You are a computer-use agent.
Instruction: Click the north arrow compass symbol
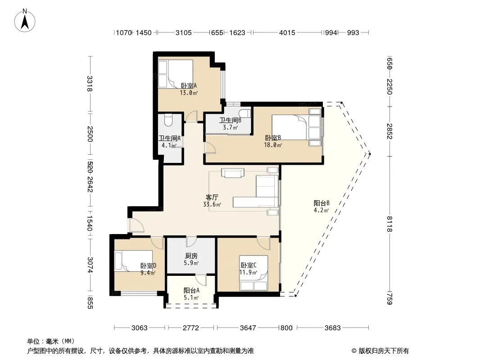coord(25,21)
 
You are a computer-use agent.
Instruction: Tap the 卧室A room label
coord(189,86)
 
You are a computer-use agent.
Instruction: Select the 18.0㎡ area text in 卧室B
coord(273,145)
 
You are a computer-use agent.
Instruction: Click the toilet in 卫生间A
coord(168,120)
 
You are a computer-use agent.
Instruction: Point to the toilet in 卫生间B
coord(245,113)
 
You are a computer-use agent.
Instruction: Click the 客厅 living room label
coord(212,197)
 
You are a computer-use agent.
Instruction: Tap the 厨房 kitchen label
coord(191,256)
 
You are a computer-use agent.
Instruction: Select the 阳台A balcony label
coord(192,291)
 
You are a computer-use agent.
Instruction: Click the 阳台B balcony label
coord(322,203)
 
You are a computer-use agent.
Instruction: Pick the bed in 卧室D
coord(133,261)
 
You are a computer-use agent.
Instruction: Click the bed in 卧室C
coord(254,273)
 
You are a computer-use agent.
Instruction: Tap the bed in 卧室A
coord(176,74)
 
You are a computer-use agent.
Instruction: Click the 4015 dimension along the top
coord(287,32)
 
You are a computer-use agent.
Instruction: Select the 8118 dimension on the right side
coord(389,224)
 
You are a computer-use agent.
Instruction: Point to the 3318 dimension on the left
coord(90,84)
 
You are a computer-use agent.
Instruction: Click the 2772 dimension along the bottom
coord(191,328)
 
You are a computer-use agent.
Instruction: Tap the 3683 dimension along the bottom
coord(332,328)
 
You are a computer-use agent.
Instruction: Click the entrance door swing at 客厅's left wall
coord(136,225)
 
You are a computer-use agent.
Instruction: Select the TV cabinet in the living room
coord(233,173)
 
